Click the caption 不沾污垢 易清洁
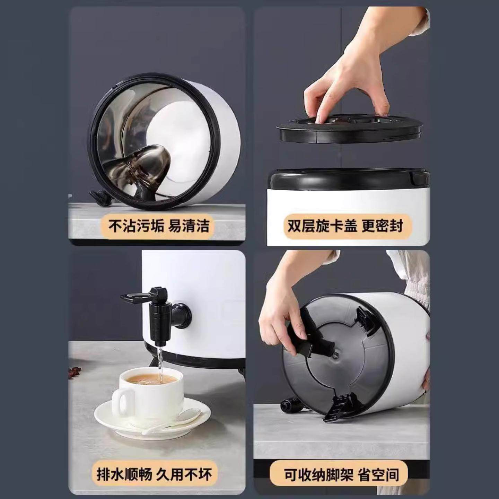point(159,226)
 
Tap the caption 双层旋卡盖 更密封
point(345,226)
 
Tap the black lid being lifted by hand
point(349,129)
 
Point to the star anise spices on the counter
point(75,372)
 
